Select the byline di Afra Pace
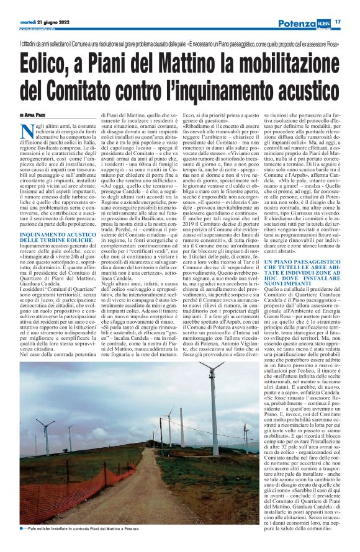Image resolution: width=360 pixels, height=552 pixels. [x=32, y=115]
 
